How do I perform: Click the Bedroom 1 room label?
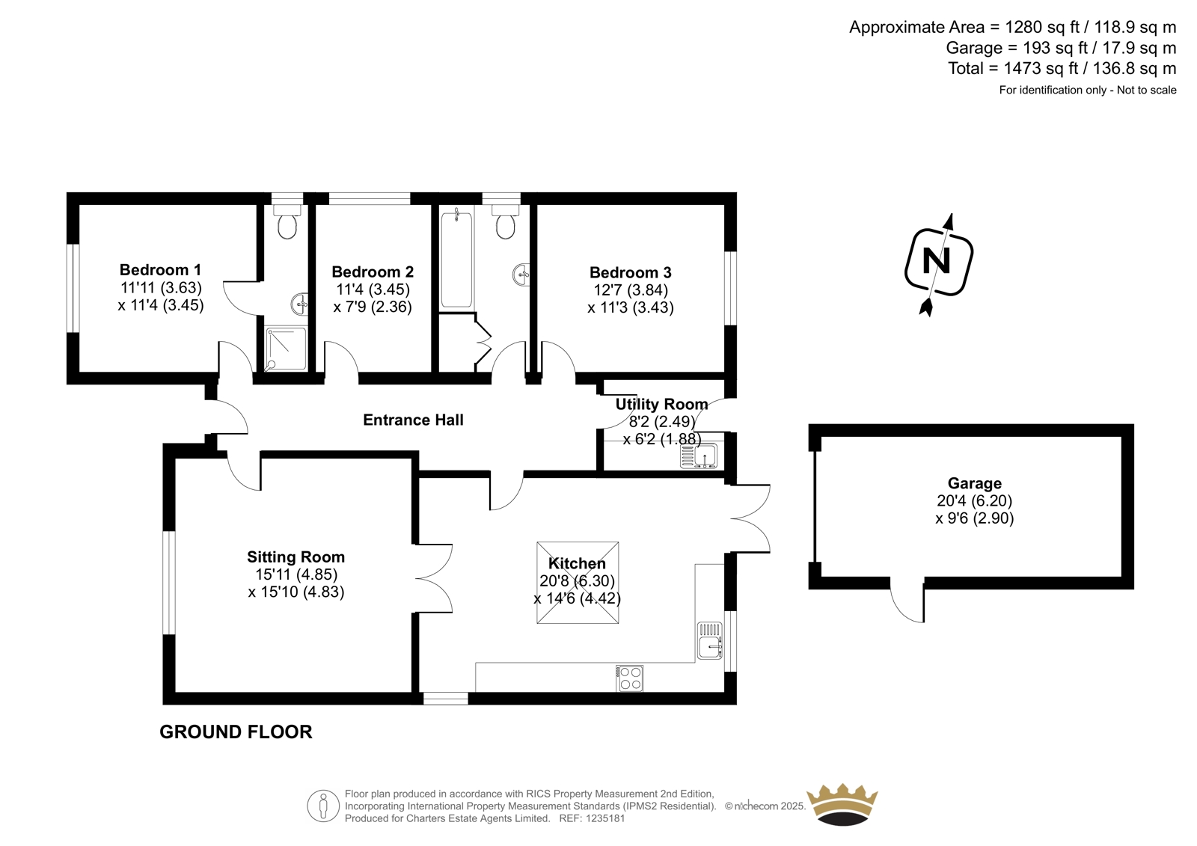tap(160, 269)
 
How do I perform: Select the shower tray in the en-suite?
tap(287, 349)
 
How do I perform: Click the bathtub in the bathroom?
tap(456, 260)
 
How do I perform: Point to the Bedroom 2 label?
tap(373, 272)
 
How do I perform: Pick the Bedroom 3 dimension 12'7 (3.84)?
tap(631, 290)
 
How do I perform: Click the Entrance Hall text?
tap(413, 420)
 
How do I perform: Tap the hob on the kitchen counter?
tap(629, 678)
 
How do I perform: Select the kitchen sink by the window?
tap(710, 641)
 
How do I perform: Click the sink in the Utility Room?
tap(699, 456)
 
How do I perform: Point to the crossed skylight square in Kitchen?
tap(578, 583)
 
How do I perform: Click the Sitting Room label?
tap(296, 557)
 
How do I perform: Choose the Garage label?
tap(975, 483)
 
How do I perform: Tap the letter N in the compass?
tap(936, 261)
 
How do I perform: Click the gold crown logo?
tap(842, 804)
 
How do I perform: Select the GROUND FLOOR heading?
tap(236, 732)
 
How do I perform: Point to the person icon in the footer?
tap(323, 806)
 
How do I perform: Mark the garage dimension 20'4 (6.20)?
tap(975, 500)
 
